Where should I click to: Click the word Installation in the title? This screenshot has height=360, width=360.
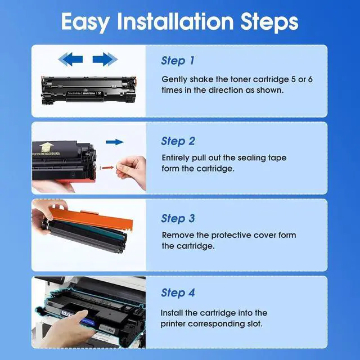coord(175,21)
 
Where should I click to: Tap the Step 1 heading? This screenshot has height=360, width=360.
coord(178,61)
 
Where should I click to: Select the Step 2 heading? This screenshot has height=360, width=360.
coord(178,141)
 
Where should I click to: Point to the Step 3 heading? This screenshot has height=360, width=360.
coord(178,218)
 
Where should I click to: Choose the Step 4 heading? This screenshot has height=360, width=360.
coord(178,292)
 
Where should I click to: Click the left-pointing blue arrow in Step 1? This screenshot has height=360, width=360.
coord(70,59)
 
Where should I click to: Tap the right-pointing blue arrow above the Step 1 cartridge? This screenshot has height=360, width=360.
coord(105,59)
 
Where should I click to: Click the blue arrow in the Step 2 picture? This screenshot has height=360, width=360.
coord(115,142)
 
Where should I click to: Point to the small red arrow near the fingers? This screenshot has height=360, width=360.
coord(107,168)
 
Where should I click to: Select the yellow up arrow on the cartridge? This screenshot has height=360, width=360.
coord(46,147)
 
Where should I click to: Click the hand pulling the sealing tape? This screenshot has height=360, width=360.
coord(132,171)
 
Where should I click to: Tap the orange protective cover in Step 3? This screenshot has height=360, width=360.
coord(91,219)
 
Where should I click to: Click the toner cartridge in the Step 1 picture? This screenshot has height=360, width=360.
coord(89,91)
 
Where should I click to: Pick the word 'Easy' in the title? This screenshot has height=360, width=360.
coord(85,22)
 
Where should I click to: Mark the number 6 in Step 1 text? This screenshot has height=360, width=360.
coord(310,79)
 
